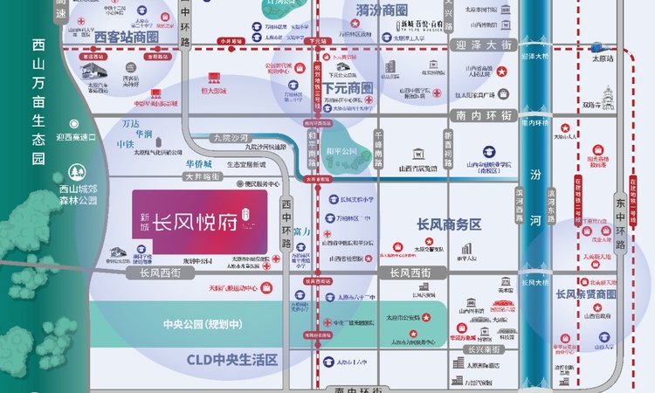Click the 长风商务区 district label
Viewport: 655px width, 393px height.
[450, 224]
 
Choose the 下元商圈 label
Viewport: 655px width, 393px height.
[348, 88]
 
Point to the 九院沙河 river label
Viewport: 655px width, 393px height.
[231, 137]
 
